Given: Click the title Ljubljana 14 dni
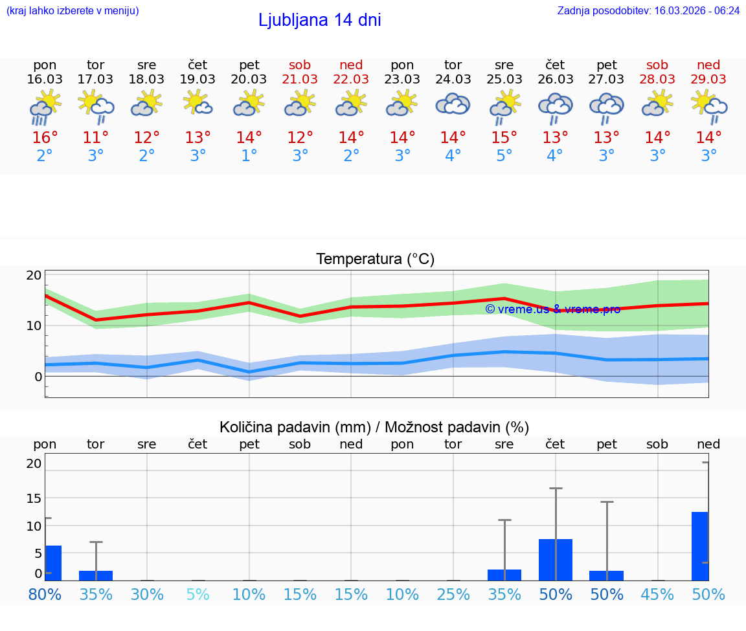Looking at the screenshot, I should pos(319,20).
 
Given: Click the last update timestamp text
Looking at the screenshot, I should pos(648,11).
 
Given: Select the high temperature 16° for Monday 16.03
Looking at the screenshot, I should pos(45,138).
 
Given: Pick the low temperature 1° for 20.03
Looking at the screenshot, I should pos(249,156).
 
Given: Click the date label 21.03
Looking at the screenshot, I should pos(300,80).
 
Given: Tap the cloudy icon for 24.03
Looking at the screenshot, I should pos(453,105).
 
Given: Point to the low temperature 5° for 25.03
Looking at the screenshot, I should pos(504,156).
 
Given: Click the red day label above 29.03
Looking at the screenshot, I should pos(708,65).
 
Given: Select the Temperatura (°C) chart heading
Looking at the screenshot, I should pos(375,260).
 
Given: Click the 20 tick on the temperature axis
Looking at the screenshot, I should pos(34,275).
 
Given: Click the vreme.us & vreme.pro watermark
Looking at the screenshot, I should pos(552,309).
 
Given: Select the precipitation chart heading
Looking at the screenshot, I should pos(374,427).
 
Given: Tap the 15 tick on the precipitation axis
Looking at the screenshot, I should pos(34,498).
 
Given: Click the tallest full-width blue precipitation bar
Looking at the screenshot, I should pos(555,559).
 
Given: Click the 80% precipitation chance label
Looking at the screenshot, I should pos(45,594).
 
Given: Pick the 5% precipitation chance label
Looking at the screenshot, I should pos(198,594).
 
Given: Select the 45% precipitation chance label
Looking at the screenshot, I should pos(657,594).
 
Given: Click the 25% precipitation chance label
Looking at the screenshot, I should pos(453,594).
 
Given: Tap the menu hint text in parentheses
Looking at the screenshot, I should pos(72,11).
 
